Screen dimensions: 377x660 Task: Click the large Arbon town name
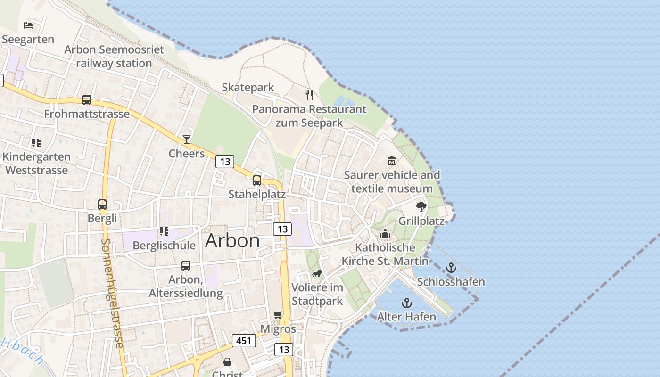pos(232,241)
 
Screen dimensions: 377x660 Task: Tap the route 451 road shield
pos(244,340)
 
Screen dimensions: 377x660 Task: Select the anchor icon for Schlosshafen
pos(451,268)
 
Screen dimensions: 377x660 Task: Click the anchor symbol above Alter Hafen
pos(406,303)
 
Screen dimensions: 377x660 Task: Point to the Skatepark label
pos(248,87)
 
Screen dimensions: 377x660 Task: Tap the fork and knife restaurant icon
pos(309,95)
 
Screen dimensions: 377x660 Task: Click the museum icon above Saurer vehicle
pos(392,161)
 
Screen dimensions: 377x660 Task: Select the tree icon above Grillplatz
pos(421,206)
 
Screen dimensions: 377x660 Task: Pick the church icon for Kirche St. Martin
pos(385,234)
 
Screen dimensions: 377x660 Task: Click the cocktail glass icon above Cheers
pos(187,139)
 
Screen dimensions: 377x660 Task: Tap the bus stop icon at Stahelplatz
pos(257,180)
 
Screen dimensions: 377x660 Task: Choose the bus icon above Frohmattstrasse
pos(87,99)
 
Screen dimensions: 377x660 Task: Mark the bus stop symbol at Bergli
pos(102,205)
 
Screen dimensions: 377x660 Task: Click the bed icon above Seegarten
pos(28,25)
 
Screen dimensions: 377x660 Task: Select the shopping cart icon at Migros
pos(278,315)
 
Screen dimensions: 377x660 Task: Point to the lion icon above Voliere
pos(317,274)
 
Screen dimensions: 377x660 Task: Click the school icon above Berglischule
pos(164,231)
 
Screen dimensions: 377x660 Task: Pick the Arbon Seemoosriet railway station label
pos(114,56)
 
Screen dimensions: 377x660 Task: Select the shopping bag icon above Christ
pos(227,362)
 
